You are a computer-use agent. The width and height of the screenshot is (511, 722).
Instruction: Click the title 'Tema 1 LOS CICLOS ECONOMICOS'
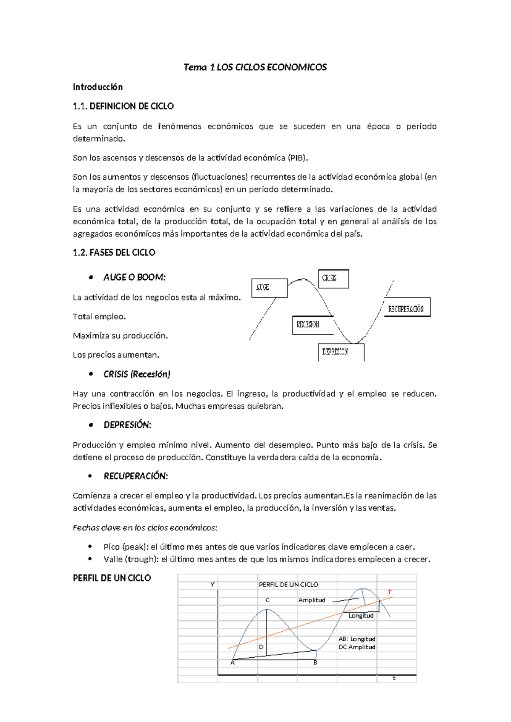[255, 67]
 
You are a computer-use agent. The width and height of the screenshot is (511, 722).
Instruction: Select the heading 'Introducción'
[98, 87]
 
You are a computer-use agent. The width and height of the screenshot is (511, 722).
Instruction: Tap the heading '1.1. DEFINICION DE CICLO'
[123, 106]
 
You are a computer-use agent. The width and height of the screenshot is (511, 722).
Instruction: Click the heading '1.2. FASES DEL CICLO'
[114, 252]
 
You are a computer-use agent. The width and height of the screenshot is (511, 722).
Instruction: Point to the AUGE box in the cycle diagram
[269, 288]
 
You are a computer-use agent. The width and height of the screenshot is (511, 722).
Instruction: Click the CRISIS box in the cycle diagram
[333, 279]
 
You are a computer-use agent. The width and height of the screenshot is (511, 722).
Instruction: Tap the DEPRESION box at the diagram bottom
[341, 352]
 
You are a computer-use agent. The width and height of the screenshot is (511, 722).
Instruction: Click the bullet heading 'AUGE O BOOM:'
[134, 278]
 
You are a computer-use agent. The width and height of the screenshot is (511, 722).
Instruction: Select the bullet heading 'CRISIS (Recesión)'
[137, 374]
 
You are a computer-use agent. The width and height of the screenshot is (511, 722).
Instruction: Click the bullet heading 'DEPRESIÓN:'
[127, 425]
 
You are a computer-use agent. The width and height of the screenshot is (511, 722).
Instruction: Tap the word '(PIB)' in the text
[298, 158]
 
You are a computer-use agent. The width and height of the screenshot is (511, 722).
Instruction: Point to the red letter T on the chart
[389, 592]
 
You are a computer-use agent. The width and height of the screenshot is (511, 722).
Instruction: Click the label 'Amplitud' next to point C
[311, 600]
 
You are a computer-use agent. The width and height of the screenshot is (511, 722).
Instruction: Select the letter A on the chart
[233, 663]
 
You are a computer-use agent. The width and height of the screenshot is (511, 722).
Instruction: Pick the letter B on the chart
[315, 663]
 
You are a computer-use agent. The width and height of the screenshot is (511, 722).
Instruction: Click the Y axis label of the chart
[212, 585]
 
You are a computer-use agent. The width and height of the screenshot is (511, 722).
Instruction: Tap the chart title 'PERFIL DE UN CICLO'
[288, 585]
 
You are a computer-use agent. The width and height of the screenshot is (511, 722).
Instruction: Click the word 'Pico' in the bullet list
[112, 547]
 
